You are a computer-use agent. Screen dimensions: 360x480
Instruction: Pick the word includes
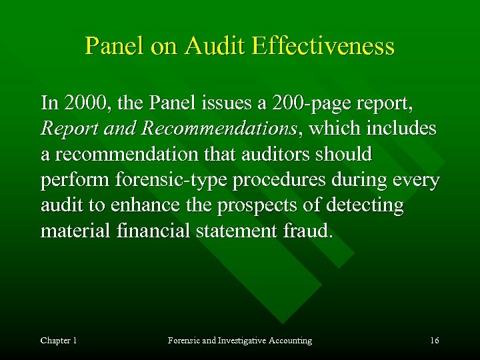pos(398,129)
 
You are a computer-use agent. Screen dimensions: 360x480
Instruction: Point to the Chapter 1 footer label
pos(59,341)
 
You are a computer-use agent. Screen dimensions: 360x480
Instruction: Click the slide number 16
pos(434,341)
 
